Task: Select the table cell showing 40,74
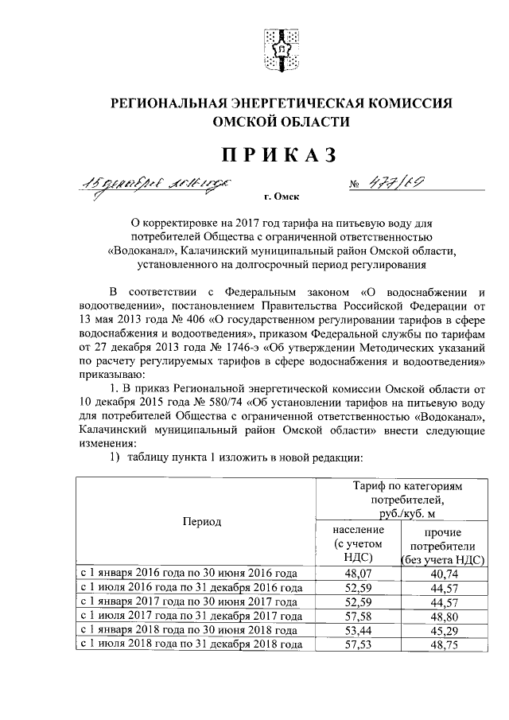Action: tap(444, 572)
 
